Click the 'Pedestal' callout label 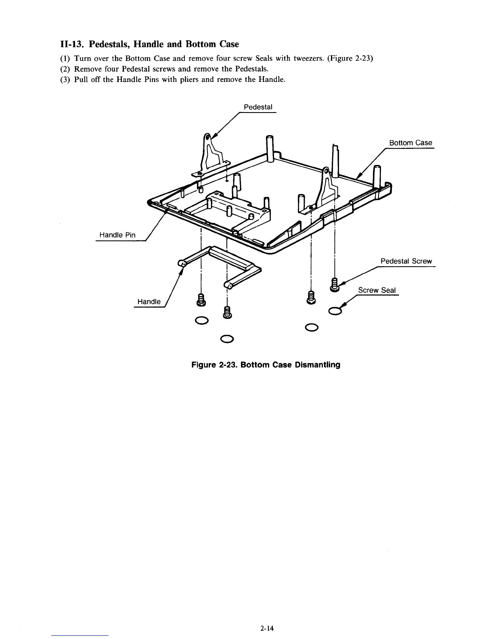pyautogui.click(x=258, y=107)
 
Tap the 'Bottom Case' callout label pyautogui.click(x=410, y=143)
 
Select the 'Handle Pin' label pyautogui.click(x=117, y=235)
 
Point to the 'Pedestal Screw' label pyautogui.click(x=406, y=261)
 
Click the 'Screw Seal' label pyautogui.click(x=377, y=290)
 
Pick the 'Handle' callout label pyautogui.click(x=149, y=302)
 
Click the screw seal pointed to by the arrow pyautogui.click(x=335, y=311)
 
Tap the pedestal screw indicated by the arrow pyautogui.click(x=335, y=284)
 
